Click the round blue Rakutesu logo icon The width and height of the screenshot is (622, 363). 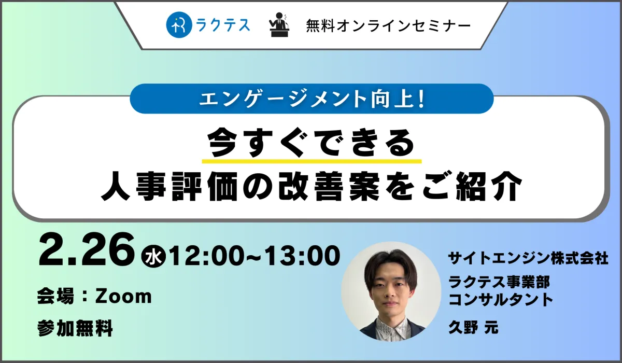179,25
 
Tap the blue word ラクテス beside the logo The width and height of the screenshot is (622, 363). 223,25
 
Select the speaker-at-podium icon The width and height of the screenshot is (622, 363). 279,25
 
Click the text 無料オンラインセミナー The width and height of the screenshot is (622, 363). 388,26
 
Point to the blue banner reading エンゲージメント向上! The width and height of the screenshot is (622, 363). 312,99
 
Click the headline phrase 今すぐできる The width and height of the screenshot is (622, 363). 312,143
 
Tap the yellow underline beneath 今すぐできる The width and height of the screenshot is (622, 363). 312,161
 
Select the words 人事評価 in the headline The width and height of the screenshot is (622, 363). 169,186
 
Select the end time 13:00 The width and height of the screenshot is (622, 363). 302,256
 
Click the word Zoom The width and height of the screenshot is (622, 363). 123,296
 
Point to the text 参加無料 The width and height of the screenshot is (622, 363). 75,328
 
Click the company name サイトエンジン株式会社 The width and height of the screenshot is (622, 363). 528,258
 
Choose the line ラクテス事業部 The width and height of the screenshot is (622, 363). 499,282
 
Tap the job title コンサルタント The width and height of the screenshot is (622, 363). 501,299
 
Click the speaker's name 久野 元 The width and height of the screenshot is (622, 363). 473,327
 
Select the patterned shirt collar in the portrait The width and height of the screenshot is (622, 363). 392,328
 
